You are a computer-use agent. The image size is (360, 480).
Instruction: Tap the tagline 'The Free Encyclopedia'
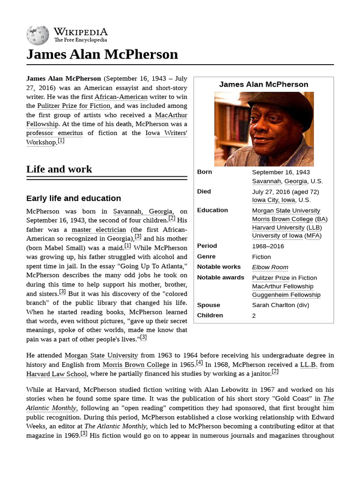click(80, 40)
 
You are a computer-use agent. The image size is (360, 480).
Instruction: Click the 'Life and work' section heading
click(59, 169)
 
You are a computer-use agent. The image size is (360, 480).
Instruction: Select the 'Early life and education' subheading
click(74, 198)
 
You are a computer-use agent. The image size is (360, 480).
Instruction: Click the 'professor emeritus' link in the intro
click(54, 133)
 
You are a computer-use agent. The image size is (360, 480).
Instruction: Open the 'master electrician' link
click(98, 230)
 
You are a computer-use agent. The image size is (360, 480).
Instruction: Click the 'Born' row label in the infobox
click(204, 172)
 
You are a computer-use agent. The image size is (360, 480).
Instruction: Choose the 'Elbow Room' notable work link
click(270, 267)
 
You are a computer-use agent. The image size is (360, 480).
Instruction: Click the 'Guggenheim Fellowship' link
click(286, 295)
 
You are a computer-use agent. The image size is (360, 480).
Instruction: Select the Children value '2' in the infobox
click(254, 315)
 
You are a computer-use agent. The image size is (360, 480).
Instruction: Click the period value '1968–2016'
click(268, 246)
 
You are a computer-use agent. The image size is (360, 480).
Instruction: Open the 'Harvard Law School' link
click(57, 374)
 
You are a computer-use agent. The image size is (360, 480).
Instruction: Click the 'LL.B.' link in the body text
click(310, 365)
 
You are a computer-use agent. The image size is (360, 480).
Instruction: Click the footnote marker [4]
click(199, 362)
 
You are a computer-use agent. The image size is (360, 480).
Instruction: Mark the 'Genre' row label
click(206, 256)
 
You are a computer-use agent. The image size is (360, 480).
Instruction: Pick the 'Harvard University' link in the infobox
click(278, 227)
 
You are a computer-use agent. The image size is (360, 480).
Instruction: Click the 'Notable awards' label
click(220, 277)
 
